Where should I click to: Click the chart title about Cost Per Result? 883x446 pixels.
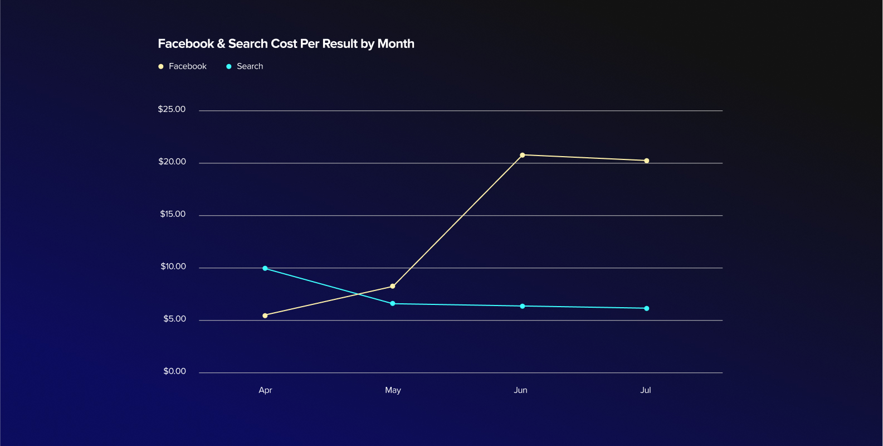[286, 44]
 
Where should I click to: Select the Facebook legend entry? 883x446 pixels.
[183, 66]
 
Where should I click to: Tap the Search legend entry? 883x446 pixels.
[245, 66]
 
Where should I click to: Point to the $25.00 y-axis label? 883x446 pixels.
[172, 109]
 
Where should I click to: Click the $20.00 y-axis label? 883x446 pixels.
[172, 162]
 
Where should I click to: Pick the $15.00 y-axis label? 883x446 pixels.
[173, 214]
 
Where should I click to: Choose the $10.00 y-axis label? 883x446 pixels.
[173, 266]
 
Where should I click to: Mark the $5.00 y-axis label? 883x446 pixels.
[174, 319]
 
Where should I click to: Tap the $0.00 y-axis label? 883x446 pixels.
[174, 371]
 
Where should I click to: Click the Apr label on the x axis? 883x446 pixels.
[265, 390]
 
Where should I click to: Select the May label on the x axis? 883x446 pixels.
[393, 390]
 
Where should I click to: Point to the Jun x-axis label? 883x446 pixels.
[520, 390]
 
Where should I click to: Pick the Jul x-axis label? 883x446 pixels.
[645, 390]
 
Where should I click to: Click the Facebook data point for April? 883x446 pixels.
[265, 316]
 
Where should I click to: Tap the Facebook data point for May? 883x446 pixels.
[393, 287]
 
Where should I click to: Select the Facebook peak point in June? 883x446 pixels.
[523, 155]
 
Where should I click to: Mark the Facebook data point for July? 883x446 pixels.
[646, 161]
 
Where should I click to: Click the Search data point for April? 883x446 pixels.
[265, 268]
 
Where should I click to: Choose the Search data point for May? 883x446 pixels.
[393, 304]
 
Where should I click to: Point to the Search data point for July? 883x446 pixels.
[646, 308]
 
